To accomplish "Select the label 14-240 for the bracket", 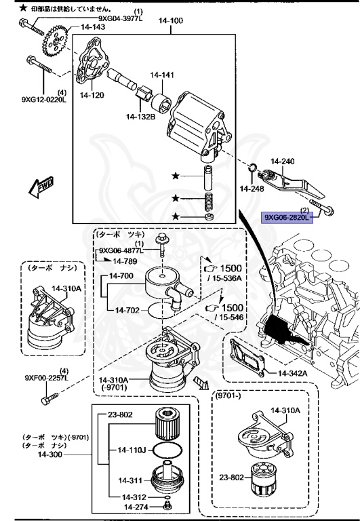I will [283, 161].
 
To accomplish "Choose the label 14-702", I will [128, 310].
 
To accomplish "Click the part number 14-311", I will [131, 480].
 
